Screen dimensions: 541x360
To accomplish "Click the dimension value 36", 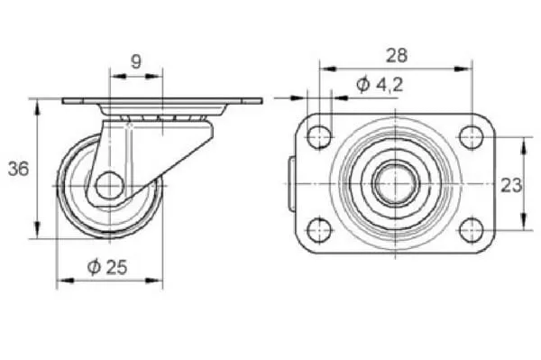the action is click(x=18, y=169).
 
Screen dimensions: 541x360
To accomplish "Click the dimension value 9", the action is click(x=136, y=61).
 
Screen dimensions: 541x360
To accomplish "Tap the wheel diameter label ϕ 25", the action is click(x=107, y=267).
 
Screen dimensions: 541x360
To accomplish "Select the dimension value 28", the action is click(x=397, y=55).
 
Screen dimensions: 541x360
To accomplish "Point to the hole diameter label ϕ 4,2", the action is click(x=380, y=85).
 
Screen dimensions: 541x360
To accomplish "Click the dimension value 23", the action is click(x=511, y=185).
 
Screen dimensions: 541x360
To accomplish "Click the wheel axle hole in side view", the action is click(x=110, y=186).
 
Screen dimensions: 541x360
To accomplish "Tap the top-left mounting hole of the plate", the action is click(x=319, y=137).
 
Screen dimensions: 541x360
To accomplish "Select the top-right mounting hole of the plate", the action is click(x=472, y=137).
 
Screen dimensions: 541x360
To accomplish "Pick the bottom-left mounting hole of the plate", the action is click(x=319, y=229).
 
